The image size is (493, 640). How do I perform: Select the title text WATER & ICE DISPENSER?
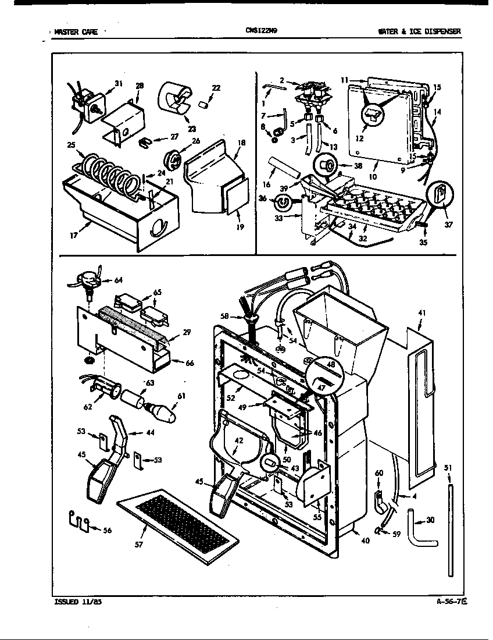click(x=419, y=31)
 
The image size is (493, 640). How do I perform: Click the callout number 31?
click(x=119, y=84)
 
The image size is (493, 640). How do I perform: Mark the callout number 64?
click(x=119, y=280)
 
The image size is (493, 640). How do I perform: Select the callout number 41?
click(x=421, y=312)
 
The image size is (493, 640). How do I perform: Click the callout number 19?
click(x=240, y=227)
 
